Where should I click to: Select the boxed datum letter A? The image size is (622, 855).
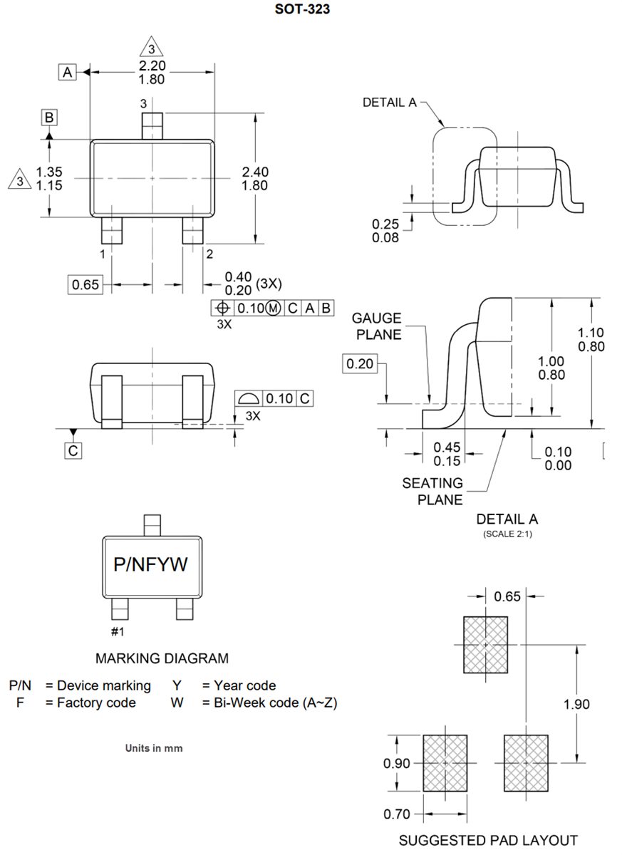(67, 72)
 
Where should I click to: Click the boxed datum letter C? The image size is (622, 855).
(73, 450)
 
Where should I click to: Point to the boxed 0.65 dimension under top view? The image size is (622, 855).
(85, 285)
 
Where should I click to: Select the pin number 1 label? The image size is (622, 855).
(103, 253)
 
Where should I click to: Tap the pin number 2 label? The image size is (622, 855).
(209, 253)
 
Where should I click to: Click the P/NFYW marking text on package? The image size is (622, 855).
(150, 564)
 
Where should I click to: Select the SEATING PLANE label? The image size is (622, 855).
(432, 491)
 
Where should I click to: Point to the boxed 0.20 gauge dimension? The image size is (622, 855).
(360, 364)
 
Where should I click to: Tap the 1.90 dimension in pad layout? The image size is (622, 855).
(576, 704)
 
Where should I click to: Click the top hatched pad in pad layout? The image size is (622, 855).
(485, 644)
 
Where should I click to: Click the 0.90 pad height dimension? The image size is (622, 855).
(397, 763)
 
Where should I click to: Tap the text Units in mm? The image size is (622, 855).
(153, 748)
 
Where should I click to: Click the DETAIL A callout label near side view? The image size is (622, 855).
(389, 103)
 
